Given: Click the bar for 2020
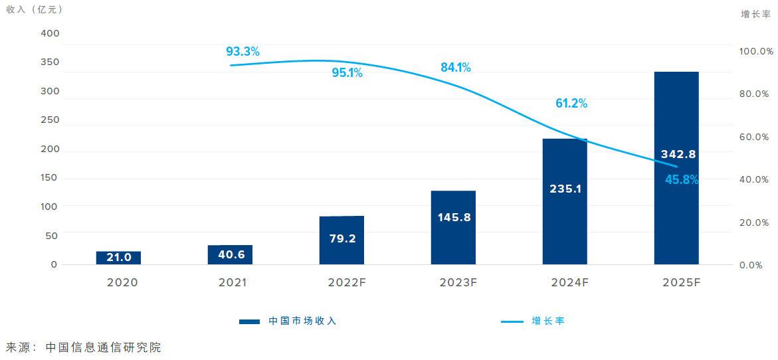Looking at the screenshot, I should (x=118, y=258).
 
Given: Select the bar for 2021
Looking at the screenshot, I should (x=230, y=254).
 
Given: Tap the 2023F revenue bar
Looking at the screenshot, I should (x=453, y=227).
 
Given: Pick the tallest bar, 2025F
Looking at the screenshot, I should (x=676, y=168).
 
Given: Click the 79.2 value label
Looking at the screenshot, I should (x=342, y=238).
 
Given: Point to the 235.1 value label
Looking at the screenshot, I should (x=565, y=189).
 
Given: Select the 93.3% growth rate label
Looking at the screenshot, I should (x=243, y=51).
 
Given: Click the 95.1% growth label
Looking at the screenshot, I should (x=347, y=73).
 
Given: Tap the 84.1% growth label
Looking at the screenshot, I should (x=455, y=67).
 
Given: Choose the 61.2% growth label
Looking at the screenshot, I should (x=571, y=103).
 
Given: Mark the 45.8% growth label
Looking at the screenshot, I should (x=682, y=179).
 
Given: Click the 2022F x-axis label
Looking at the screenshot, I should (x=347, y=282).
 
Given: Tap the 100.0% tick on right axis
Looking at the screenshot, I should (x=756, y=51).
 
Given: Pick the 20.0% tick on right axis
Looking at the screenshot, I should (x=756, y=223).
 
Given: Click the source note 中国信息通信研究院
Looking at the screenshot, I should (x=103, y=347).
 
